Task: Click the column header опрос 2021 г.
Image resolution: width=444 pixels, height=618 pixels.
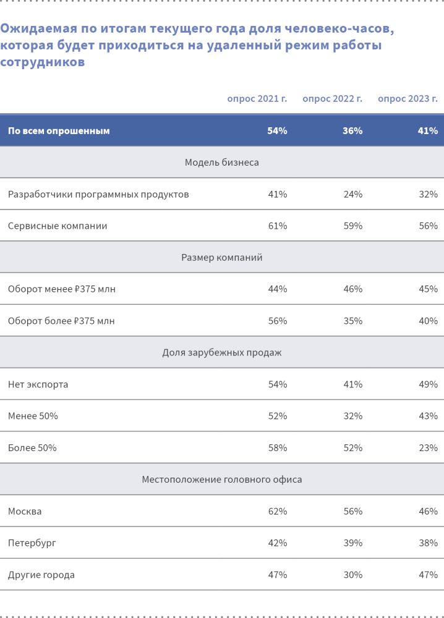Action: pos(257,99)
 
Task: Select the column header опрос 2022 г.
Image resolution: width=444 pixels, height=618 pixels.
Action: pos(332,99)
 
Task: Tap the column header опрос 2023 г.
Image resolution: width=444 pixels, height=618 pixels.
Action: pos(408,99)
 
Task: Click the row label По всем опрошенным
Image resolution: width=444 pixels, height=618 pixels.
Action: pos(59,131)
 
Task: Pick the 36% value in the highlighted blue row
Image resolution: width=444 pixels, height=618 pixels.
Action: pos(352,131)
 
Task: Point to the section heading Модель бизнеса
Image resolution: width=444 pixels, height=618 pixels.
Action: pos(221,163)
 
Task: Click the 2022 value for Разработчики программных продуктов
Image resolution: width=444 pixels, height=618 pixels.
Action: pos(352,194)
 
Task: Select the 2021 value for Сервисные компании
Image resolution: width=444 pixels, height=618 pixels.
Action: pos(277,226)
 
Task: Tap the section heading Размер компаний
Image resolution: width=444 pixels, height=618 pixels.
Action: pos(221,258)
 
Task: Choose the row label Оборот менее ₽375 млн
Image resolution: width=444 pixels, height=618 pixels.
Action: pos(62,289)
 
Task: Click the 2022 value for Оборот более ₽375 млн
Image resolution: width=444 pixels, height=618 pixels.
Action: pos(352,321)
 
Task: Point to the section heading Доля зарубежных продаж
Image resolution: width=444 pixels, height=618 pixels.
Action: pos(221,353)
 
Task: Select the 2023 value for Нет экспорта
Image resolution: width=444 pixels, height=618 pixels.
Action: pos(428,384)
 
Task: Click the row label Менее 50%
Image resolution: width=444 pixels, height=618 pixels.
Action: pos(33,417)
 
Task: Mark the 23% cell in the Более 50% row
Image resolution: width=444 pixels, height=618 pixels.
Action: pos(428,448)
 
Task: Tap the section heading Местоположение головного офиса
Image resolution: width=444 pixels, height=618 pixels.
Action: pos(221,480)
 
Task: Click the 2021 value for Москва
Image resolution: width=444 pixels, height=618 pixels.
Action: pos(277,512)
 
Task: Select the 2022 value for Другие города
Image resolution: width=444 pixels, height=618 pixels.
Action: pos(352,575)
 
